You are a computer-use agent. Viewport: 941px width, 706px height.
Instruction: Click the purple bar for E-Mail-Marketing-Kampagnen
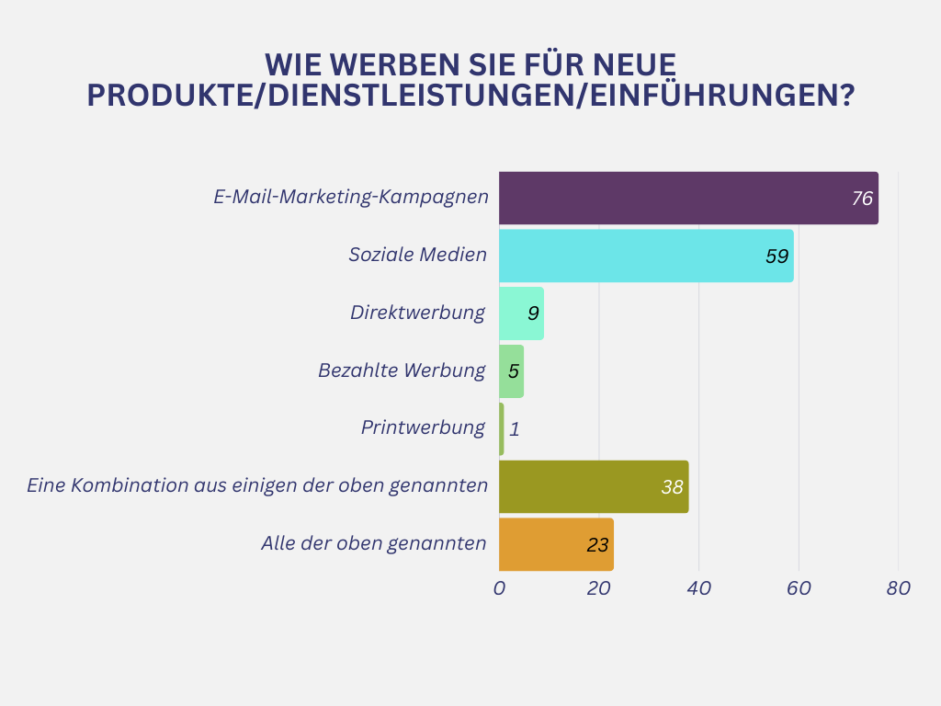tap(688, 198)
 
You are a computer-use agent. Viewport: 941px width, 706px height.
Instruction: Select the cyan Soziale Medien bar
tap(646, 256)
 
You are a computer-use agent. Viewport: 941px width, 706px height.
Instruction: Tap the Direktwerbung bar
tap(521, 313)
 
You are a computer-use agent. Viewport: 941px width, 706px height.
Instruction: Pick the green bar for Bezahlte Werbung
tap(511, 371)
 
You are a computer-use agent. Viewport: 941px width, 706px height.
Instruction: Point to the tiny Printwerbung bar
tap(502, 428)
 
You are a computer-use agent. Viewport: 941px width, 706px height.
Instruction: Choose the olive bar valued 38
tap(594, 486)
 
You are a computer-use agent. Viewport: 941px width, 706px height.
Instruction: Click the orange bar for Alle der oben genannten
tap(556, 544)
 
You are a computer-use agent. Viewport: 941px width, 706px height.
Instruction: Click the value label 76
tap(862, 199)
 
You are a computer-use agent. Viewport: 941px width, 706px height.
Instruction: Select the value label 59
tap(777, 256)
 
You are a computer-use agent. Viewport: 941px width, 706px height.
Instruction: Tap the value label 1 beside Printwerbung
tap(515, 429)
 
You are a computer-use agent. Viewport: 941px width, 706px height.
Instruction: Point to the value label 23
tap(597, 545)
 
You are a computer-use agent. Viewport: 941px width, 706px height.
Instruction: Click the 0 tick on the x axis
tap(499, 589)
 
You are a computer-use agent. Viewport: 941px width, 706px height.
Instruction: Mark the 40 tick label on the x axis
tap(698, 589)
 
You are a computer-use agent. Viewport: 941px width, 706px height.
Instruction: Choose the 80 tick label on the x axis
tap(899, 589)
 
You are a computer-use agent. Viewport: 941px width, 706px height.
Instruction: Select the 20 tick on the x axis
tap(599, 589)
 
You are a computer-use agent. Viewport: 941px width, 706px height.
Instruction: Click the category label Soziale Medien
tap(417, 255)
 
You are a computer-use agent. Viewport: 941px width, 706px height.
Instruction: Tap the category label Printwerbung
tap(423, 427)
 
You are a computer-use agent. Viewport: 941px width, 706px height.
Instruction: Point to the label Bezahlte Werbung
tap(402, 370)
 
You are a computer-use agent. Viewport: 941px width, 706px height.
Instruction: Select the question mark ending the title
tap(846, 96)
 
